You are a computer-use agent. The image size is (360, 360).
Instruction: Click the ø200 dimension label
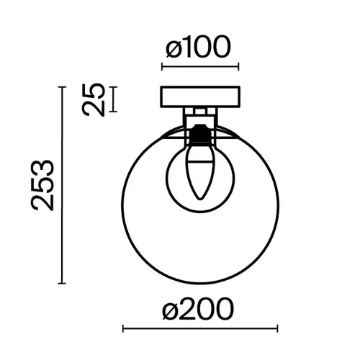pos(198,310)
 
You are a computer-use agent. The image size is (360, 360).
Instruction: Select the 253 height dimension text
pos(43,184)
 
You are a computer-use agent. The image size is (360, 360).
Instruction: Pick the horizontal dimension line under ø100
pos(199,67)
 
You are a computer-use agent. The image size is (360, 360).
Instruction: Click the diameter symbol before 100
pos(174,48)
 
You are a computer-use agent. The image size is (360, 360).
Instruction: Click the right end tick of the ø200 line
pos(277,328)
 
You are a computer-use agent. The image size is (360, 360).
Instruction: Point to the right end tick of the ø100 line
pos(238,67)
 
